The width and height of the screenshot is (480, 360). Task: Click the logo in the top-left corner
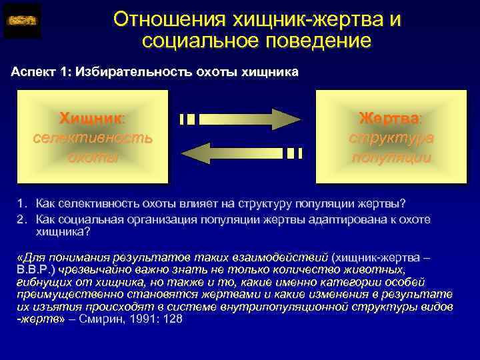point(22,21)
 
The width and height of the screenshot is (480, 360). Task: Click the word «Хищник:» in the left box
point(92,119)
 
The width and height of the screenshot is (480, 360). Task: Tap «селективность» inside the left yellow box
point(92,138)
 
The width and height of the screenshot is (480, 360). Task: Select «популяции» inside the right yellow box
point(391,157)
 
